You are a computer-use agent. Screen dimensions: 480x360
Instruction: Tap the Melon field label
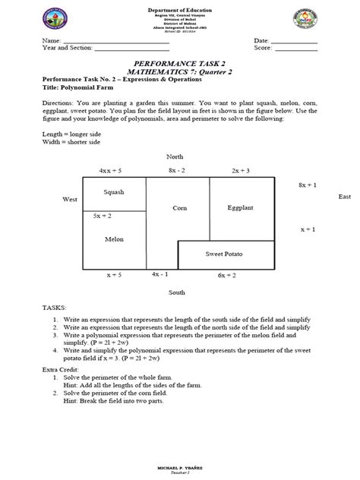(113, 238)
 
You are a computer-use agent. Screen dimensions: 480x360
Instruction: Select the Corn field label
(179, 207)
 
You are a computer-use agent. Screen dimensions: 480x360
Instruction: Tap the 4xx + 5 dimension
(110, 171)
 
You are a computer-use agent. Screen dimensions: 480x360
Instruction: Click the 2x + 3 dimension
(241, 171)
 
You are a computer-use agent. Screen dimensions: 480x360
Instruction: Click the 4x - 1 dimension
(161, 273)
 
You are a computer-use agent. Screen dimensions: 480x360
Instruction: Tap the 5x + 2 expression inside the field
(103, 216)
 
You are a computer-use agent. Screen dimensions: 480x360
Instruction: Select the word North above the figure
(176, 156)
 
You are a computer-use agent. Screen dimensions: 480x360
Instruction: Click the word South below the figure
(176, 292)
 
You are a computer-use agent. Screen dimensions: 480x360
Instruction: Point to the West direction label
(70, 199)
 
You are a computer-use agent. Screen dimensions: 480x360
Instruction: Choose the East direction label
(345, 197)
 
